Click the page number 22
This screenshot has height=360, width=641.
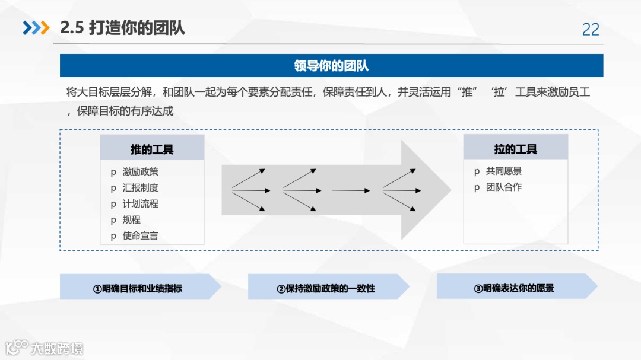point(591,29)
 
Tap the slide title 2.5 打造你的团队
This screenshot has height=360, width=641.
point(122,27)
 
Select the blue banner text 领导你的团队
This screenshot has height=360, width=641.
point(331,65)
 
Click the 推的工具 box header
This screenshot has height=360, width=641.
point(152,149)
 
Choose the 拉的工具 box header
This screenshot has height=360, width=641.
point(515,148)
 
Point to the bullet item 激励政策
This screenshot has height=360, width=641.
point(140,171)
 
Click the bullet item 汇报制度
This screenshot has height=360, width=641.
point(140,187)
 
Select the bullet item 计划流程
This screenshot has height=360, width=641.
point(140,203)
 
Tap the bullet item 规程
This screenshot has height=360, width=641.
point(131,219)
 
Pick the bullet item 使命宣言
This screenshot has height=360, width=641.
point(140,235)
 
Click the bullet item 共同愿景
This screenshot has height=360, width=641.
point(503,171)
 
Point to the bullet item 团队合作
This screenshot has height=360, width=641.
point(503,187)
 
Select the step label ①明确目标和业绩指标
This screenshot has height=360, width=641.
point(137,288)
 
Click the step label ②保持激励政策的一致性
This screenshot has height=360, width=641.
point(326,288)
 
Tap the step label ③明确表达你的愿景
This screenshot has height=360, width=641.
point(514,288)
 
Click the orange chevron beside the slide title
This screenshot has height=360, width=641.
point(44,28)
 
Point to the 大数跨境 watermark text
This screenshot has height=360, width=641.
point(57,348)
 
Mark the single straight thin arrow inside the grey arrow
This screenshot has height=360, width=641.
point(350,190)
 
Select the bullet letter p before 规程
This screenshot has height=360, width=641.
point(113,220)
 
